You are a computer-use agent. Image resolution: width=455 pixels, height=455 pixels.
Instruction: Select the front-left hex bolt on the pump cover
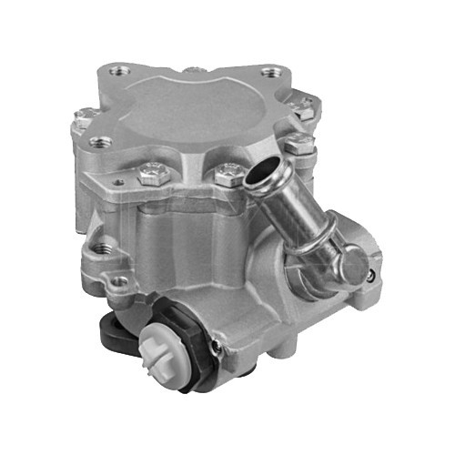point(151,171)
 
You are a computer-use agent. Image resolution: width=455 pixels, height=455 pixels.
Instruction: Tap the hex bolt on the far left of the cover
point(88,116)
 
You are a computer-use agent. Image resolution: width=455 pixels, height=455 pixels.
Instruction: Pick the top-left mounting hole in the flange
point(116,70)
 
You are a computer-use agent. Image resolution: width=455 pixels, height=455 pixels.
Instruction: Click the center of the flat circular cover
point(200,109)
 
